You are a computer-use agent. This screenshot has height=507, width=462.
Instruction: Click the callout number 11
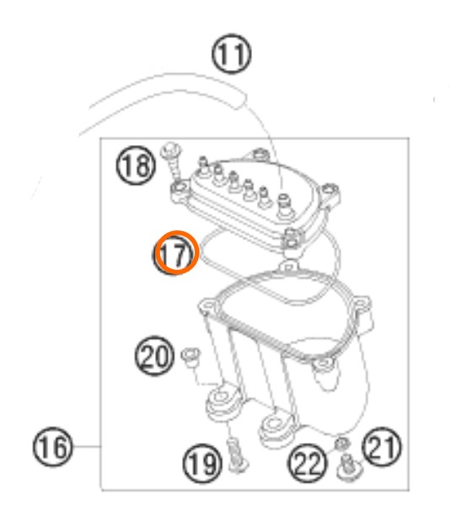pos(231,54)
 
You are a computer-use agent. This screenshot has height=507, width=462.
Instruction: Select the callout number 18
pos(136,165)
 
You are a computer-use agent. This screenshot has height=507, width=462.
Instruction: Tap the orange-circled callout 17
pos(176,252)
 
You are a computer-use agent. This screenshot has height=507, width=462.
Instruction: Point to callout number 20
pos(154,356)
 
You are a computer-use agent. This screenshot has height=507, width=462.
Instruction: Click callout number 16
pos(53,447)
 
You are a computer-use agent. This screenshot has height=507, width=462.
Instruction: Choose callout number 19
pos(202,463)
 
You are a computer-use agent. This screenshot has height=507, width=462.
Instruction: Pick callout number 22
pos(307,462)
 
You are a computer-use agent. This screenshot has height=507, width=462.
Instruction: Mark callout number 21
pos(382,446)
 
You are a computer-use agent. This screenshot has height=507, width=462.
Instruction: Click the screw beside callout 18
pos(172,162)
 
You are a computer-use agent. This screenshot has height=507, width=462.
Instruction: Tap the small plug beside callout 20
pos(191,357)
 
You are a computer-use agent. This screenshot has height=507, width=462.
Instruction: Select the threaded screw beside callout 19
pos(237,455)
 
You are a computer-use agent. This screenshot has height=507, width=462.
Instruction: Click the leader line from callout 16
pos(87,446)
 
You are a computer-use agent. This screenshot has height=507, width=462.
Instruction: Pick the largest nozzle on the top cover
pos(284,203)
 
